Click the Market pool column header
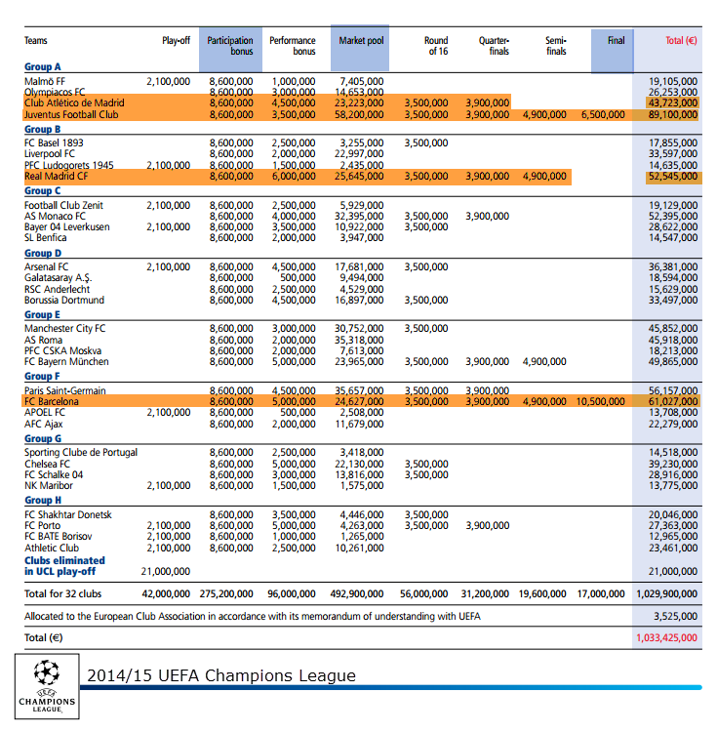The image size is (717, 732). click(x=361, y=41)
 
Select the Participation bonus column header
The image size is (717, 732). click(x=230, y=46)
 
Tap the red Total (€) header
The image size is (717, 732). click(x=681, y=41)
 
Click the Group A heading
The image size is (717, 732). click(x=43, y=66)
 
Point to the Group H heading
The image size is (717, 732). click(x=43, y=500)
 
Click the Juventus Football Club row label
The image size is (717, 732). click(x=71, y=115)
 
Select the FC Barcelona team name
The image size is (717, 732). click(x=52, y=401)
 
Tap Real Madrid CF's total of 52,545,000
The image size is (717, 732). click(x=673, y=177)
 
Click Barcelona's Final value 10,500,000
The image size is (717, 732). click(x=600, y=401)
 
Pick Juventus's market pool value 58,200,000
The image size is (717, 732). click(x=359, y=115)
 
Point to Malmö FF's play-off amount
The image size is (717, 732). click(x=169, y=82)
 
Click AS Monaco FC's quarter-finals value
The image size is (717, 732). click(x=487, y=216)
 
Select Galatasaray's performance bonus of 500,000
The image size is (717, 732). click(x=298, y=278)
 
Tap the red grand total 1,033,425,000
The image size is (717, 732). click(x=666, y=637)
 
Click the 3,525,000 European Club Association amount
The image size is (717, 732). click(x=675, y=616)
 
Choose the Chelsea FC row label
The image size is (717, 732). click(x=47, y=464)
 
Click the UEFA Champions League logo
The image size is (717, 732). click(x=47, y=686)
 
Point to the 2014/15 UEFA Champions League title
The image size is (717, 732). click(x=221, y=675)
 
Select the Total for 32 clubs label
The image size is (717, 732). click(x=63, y=593)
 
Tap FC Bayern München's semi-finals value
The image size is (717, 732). click(x=544, y=362)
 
